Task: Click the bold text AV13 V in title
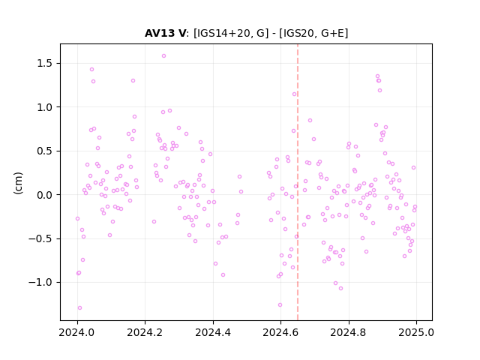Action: [165, 33]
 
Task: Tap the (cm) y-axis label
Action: [18, 183]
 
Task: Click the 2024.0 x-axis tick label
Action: [77, 332]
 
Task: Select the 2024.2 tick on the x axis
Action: [145, 332]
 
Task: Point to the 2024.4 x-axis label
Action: [213, 332]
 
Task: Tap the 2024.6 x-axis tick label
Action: [280, 332]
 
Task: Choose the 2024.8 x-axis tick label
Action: [348, 332]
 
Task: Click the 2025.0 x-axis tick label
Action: [416, 332]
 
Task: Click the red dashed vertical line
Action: [298, 182]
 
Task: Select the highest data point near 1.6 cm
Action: [163, 56]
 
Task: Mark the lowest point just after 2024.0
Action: [79, 308]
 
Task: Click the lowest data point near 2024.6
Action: [280, 305]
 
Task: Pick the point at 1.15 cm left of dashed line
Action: [294, 94]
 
